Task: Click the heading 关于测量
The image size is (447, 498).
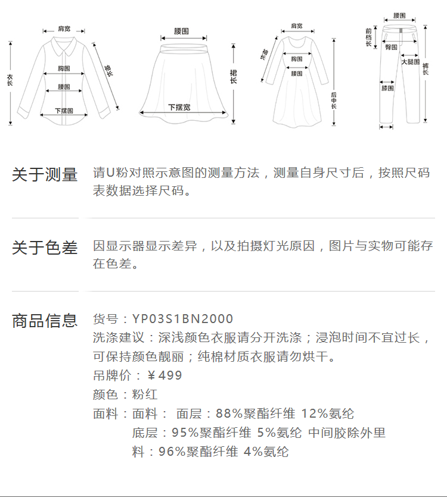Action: click(45, 175)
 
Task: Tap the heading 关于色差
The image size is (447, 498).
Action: click(45, 248)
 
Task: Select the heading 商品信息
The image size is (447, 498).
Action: click(45, 321)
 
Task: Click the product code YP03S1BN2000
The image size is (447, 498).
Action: click(182, 320)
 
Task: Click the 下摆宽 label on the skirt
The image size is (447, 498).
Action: click(179, 107)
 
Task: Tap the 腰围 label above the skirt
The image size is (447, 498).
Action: click(182, 30)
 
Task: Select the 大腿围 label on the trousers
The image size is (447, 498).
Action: click(410, 62)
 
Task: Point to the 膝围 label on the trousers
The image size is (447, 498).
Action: click(387, 88)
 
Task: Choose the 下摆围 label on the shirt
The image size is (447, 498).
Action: click(64, 111)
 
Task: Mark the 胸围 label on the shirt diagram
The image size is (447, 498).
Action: click(64, 68)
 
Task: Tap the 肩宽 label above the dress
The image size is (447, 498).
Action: click(296, 26)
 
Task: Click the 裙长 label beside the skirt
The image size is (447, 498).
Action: click(234, 76)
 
